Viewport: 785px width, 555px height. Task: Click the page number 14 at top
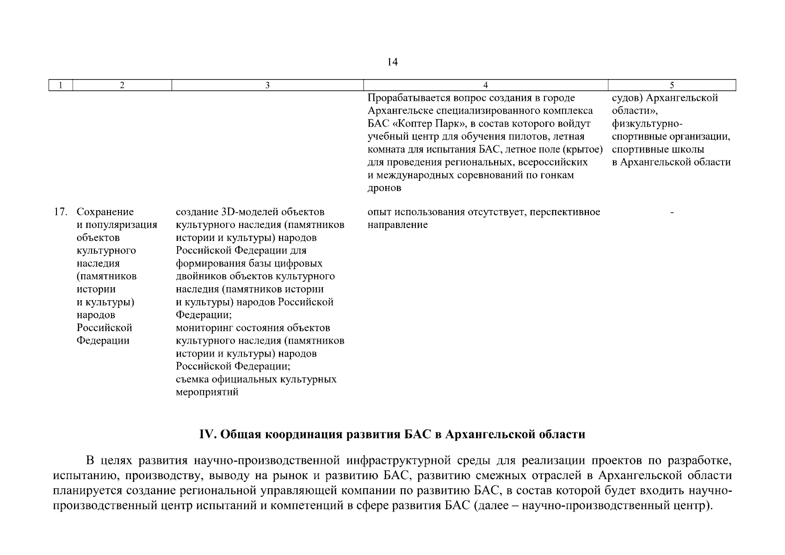392,62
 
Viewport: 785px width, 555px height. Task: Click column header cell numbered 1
61,85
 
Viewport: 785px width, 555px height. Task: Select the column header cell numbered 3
267,85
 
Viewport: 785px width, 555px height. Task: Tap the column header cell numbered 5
672,85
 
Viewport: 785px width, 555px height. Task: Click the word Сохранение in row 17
105,212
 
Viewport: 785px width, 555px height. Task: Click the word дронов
384,188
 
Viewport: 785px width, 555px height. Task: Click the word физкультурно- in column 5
647,124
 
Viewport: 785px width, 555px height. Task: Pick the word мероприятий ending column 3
207,392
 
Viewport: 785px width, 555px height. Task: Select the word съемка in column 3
192,379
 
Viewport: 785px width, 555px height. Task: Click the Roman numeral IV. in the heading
208,435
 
